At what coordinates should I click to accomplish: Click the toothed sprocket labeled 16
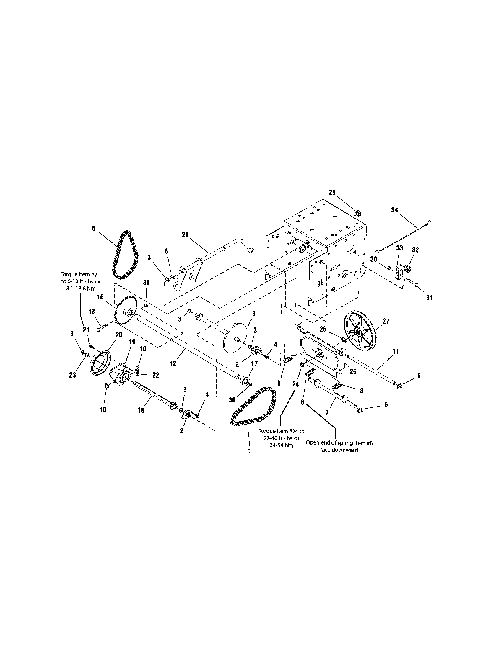[x=125, y=314]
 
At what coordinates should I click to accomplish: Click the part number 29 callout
[x=332, y=192]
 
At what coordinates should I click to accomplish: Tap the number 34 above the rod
[x=394, y=210]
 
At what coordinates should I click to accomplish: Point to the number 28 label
[x=185, y=235]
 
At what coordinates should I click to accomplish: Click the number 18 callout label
[x=141, y=410]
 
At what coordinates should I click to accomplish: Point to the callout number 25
[x=352, y=371]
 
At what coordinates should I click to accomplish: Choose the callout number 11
[x=396, y=352]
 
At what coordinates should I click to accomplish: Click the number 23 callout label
[x=72, y=375]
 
